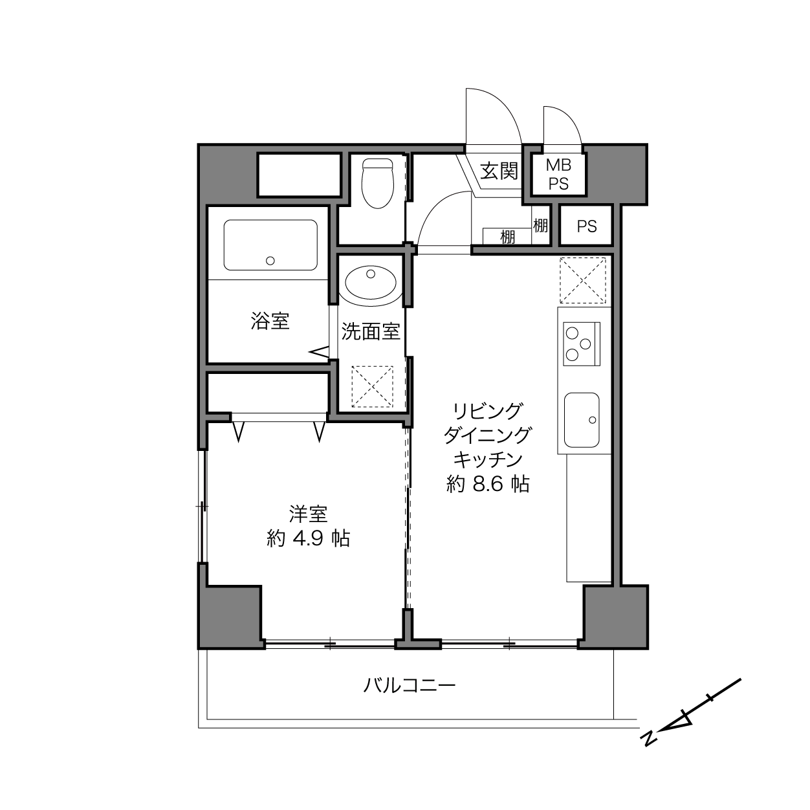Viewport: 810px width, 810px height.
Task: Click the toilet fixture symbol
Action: coord(377,183)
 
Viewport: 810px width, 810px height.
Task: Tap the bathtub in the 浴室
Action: coord(270,245)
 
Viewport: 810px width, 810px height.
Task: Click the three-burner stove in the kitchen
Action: coord(582,344)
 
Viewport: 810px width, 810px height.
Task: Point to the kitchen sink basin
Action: coord(582,420)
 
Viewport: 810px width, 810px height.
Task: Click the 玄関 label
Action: coord(499,171)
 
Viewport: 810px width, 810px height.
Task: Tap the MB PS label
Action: coord(558,175)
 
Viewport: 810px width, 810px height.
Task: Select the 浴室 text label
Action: coord(270,321)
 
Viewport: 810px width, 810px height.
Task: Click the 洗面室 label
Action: coord(370,332)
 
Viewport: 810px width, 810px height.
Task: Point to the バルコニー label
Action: coord(409,686)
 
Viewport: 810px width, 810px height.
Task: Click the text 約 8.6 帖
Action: coord(488,485)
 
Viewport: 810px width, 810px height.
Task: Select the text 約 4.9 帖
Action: coord(308,538)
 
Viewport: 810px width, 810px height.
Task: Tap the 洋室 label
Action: coord(308,513)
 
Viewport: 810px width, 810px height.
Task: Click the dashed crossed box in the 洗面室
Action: coord(372,386)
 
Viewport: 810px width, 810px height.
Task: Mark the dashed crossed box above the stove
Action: coord(583,280)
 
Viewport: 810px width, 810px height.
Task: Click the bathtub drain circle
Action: coord(270,261)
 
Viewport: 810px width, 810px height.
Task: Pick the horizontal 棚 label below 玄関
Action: coord(507,237)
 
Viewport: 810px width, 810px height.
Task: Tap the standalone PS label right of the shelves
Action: coord(587,226)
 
